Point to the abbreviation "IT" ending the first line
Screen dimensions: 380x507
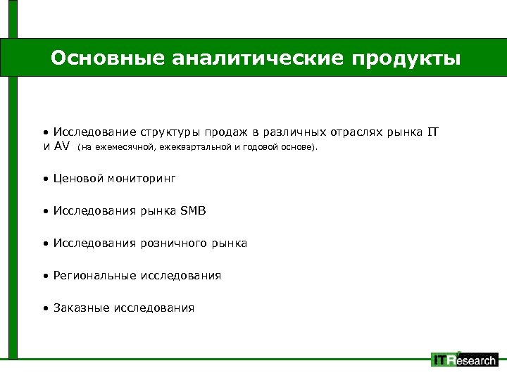(x=433, y=132)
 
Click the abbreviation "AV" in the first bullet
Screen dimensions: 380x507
(x=62, y=147)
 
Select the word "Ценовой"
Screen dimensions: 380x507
(x=77, y=179)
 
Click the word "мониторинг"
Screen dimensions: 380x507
(x=142, y=179)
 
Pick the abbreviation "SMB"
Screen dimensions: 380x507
(x=194, y=211)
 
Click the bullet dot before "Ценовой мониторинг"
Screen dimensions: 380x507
(x=44, y=179)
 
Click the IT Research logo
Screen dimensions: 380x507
(x=464, y=360)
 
